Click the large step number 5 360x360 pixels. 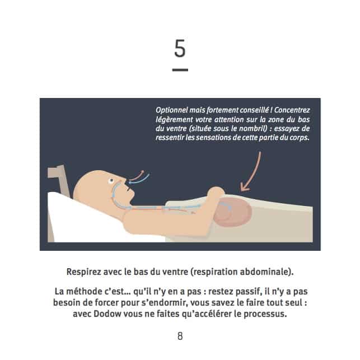coord(180,48)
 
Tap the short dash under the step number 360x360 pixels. coord(180,70)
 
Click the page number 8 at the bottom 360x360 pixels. coord(180,336)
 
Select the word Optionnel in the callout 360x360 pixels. coord(171,110)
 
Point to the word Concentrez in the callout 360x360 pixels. coord(292,110)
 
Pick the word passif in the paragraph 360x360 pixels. coord(249,292)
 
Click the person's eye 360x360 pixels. coord(111,181)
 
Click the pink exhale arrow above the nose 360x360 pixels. coord(137,176)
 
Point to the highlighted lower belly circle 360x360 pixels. coord(233,212)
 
